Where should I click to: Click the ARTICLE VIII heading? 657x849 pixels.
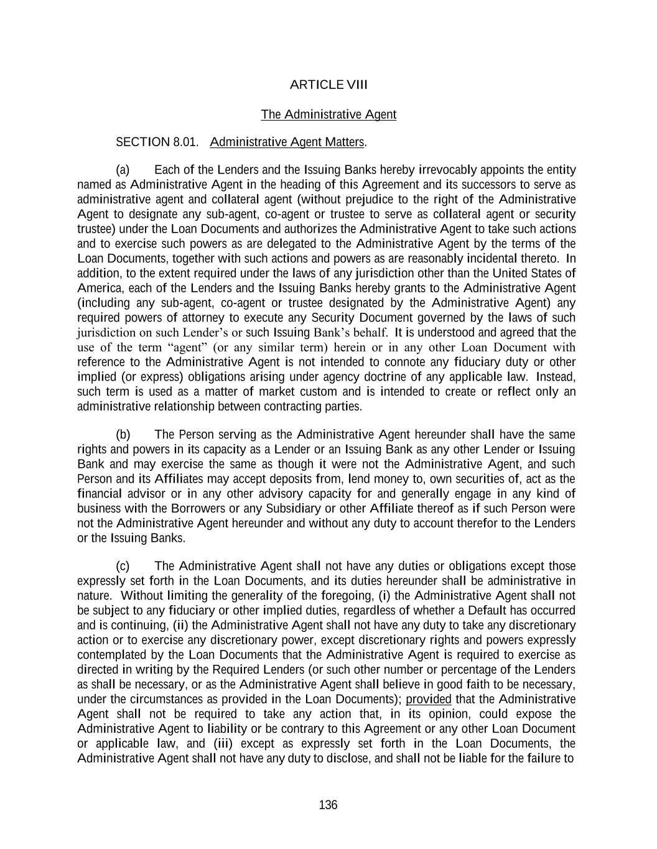click(x=328, y=85)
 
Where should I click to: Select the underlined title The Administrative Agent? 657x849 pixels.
click(x=328, y=114)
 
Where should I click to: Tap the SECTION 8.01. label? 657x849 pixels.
click(x=157, y=142)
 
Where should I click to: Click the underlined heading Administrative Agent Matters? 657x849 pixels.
click(x=287, y=142)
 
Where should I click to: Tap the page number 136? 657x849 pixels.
click(x=328, y=805)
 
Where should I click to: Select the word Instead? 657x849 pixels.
click(x=556, y=377)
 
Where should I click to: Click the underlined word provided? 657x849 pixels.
click(x=428, y=700)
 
